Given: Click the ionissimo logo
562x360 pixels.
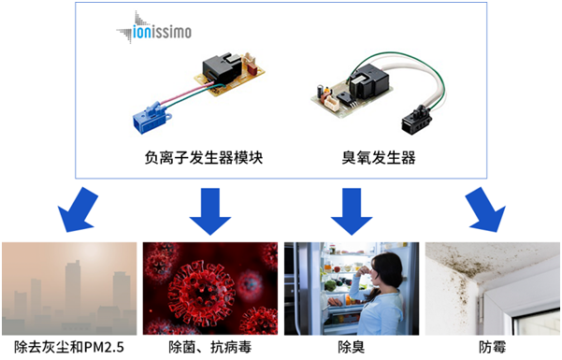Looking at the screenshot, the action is coord(154,31).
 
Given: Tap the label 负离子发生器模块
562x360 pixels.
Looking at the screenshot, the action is coord(197,157).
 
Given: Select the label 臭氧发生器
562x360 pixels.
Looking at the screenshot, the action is coord(373,157).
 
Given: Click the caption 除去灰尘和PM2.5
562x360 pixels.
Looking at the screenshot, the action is coord(70,348).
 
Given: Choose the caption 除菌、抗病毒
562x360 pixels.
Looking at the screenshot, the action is coord(210,348).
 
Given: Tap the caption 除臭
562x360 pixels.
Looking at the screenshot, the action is coord(352,348).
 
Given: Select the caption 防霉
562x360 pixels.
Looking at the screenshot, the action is coord(493,348).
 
